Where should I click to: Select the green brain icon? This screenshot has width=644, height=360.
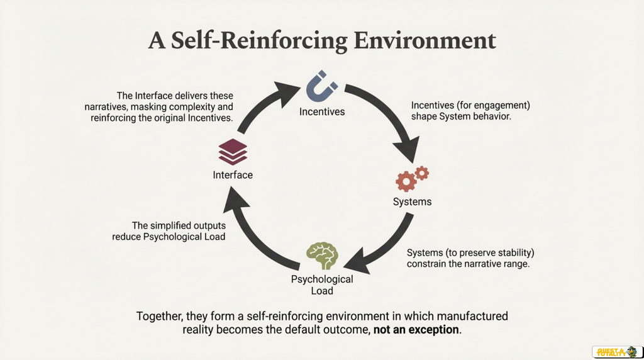322,256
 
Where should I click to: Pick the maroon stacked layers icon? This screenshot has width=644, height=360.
233,152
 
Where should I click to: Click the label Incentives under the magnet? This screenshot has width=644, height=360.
322,112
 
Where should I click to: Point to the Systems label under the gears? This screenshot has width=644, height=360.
412,202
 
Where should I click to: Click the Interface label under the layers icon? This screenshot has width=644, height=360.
233,175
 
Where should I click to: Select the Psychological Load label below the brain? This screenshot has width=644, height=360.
322,285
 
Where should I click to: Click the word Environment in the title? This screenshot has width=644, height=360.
425,40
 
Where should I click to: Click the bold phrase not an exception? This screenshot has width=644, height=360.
416,330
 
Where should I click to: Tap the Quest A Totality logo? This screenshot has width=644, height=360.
618,352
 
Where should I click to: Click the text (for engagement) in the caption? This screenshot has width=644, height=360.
493,106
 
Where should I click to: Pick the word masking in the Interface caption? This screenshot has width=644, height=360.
147,107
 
